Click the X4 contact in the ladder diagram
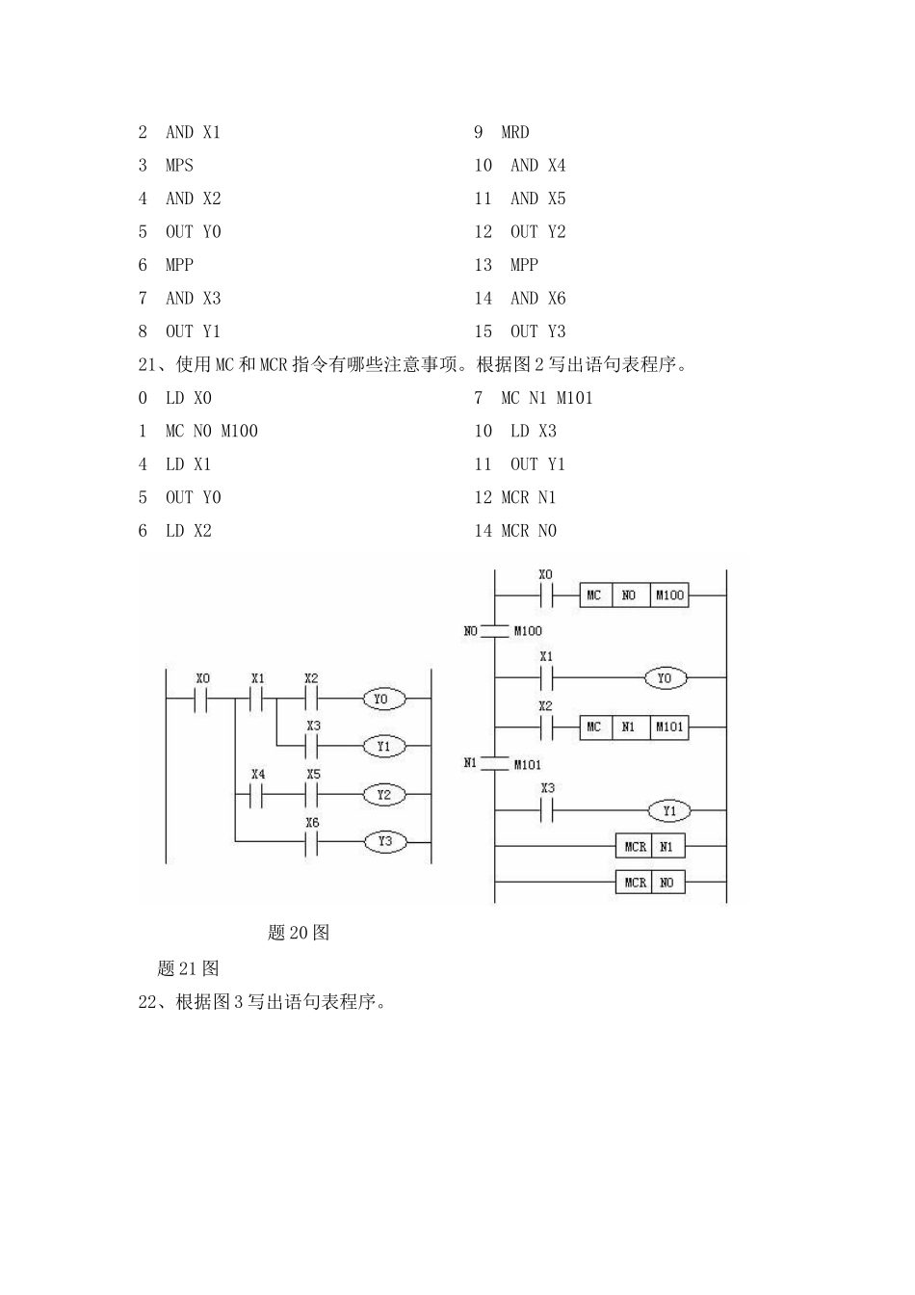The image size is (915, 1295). click(x=257, y=795)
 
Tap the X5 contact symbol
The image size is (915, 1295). click(x=312, y=795)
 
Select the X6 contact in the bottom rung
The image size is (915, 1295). click(x=312, y=842)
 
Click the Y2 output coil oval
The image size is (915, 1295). click(x=384, y=795)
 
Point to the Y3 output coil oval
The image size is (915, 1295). click(x=384, y=842)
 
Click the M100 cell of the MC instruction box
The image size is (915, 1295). click(x=669, y=595)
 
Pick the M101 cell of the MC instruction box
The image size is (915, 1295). click(x=669, y=727)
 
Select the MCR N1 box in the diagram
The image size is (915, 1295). click(x=650, y=847)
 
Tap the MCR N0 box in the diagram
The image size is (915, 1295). click(x=650, y=883)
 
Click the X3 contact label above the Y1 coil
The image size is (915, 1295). click(x=547, y=788)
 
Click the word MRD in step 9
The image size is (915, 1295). click(x=514, y=132)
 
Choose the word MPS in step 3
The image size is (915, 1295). click(x=179, y=166)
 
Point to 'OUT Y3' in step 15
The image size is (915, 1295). click(x=537, y=331)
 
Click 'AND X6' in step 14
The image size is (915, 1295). click(x=537, y=299)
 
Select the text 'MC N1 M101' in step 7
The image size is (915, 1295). click(x=546, y=398)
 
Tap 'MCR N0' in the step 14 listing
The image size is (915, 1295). click(x=528, y=531)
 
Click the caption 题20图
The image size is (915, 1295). click(x=299, y=933)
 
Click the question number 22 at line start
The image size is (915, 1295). click(x=147, y=1002)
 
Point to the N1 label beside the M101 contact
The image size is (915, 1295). click(x=470, y=762)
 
